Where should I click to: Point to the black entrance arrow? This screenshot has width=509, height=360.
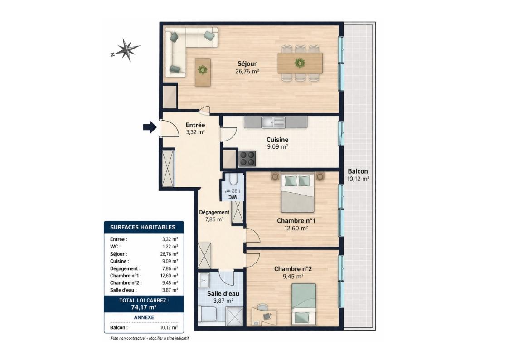pyautogui.click(x=150, y=127)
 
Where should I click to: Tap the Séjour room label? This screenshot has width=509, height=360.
pyautogui.click(x=247, y=63)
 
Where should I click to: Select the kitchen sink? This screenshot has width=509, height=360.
pyautogui.click(x=273, y=122)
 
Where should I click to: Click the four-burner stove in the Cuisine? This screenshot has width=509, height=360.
pyautogui.click(x=247, y=159)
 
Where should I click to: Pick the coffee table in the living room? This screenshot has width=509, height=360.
pyautogui.click(x=203, y=72)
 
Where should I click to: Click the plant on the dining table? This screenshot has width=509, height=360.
pyautogui.click(x=300, y=63)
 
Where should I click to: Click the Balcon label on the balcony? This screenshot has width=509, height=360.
pyautogui.click(x=358, y=171)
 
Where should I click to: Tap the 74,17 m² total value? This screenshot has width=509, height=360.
pyautogui.click(x=144, y=307)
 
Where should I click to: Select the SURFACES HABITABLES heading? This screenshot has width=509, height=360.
pyautogui.click(x=142, y=227)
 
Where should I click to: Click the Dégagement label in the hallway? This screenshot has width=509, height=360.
pyautogui.click(x=214, y=212)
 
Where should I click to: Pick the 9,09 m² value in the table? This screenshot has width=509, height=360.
pyautogui.click(x=170, y=261)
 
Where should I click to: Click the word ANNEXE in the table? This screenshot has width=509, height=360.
pyautogui.click(x=144, y=317)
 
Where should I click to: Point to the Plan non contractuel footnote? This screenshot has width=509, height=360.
pyautogui.click(x=150, y=338)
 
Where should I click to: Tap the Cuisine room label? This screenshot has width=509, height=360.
pyautogui.click(x=277, y=140)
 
